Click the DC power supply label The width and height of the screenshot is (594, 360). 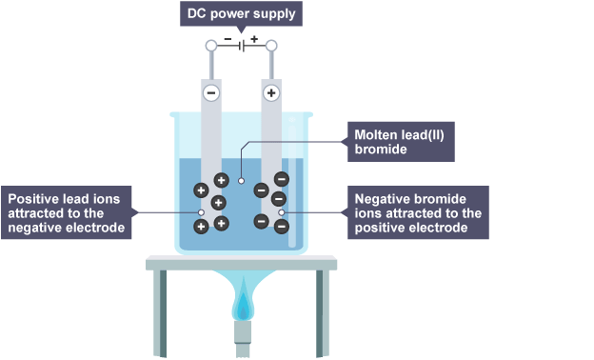point(241,13)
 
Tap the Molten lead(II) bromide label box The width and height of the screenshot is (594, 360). point(401,142)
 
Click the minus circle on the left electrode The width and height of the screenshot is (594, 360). point(211,92)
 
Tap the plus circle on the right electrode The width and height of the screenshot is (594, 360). point(271,92)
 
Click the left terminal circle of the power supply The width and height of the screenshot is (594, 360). point(211,46)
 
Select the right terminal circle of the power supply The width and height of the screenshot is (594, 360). point(271,46)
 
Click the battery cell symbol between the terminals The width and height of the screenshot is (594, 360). point(242,46)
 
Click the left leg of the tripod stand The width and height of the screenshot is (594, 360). point(160,313)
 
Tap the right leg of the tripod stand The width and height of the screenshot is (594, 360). point(323,313)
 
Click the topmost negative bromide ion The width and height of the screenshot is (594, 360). point(282,179)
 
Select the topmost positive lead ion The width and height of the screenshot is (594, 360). point(222,180)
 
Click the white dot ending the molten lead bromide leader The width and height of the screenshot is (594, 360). point(242,181)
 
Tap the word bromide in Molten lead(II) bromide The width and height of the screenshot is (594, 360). point(381,149)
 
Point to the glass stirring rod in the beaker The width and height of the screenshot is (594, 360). point(292,186)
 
